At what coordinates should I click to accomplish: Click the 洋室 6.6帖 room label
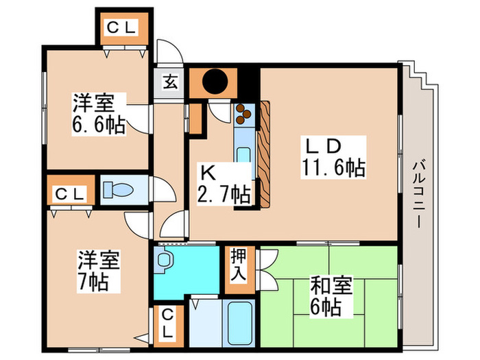click(x=97, y=115)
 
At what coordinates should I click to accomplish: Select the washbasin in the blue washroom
click(x=164, y=261)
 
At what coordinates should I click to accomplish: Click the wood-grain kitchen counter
click(x=264, y=154)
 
